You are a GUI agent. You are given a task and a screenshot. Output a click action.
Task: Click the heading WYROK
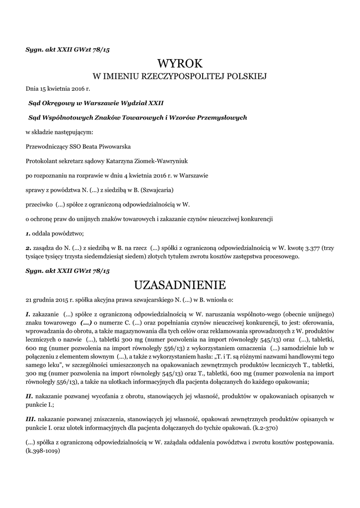pyautogui.click(x=180, y=63)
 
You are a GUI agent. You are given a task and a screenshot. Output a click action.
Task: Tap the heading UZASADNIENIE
pyautogui.click(x=180, y=285)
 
